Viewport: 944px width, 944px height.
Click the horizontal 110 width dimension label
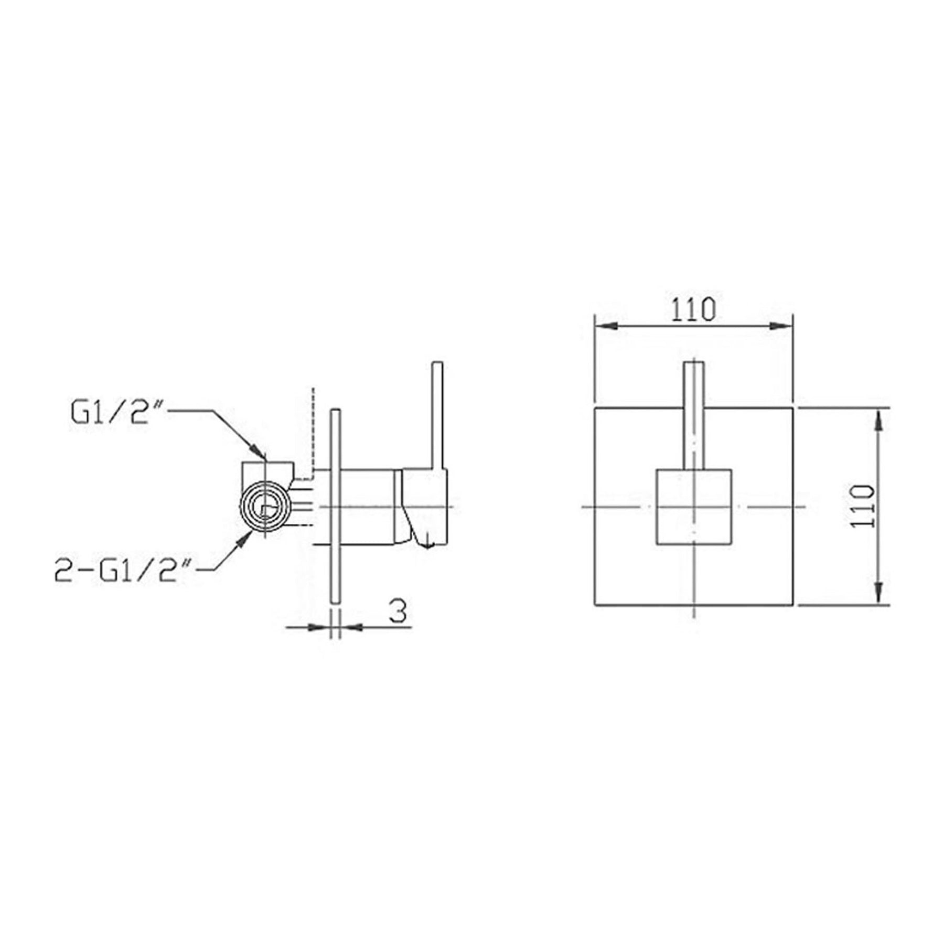pyautogui.click(x=693, y=310)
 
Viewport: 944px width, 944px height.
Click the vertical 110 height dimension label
pyautogui.click(x=863, y=506)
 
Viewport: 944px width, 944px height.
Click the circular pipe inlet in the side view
pyautogui.click(x=265, y=507)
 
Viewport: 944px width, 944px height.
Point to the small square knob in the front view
pyautogui.click(x=694, y=507)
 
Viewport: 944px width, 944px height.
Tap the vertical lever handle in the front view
pyautogui.click(x=694, y=415)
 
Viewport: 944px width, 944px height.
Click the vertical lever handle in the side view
pyautogui.click(x=437, y=415)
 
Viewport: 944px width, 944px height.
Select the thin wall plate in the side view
pyautogui.click(x=336, y=507)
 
